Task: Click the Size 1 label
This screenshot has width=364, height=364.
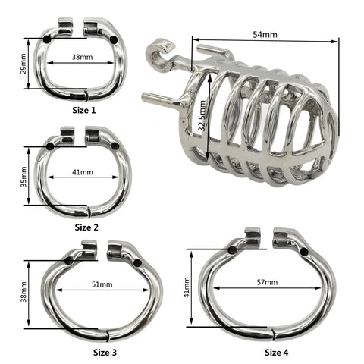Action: point(84,110)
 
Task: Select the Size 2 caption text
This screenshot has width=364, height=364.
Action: point(87,226)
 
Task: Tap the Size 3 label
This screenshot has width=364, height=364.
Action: point(105,352)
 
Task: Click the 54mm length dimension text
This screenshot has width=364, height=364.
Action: point(264,35)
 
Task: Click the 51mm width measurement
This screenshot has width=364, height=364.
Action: point(101,285)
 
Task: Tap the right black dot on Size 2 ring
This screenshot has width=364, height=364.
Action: point(115,146)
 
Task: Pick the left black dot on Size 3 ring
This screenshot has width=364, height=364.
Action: point(69,260)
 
